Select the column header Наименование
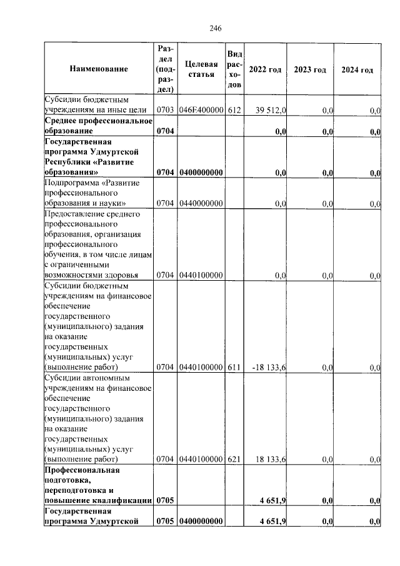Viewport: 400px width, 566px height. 99,69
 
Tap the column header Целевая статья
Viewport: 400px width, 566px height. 201,69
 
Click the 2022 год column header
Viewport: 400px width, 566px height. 265,69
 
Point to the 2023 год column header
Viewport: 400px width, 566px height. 310,69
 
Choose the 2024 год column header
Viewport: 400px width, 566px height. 357,69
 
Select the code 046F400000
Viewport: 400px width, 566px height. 201,111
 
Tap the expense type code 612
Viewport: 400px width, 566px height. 234,111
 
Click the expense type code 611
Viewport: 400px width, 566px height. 234,368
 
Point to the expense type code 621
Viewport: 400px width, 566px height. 234,460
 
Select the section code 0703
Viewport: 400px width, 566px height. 165,111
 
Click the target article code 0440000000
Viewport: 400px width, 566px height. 201,204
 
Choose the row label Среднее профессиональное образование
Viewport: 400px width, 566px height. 90,126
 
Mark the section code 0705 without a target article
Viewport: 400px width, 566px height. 165,500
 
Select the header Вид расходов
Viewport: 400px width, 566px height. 234,69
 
